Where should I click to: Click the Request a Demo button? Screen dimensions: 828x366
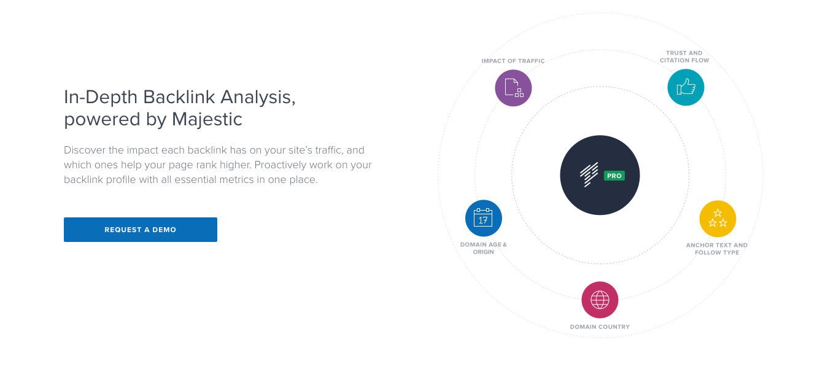coord(141,230)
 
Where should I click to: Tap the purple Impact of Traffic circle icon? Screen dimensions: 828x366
coord(513,88)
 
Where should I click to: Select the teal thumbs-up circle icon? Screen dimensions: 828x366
coord(686,87)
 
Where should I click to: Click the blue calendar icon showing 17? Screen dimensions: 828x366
coord(484,218)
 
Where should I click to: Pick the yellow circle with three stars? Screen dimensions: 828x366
coord(718,219)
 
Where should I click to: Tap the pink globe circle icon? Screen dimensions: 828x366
coord(600,300)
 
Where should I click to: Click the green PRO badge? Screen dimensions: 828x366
coord(614,176)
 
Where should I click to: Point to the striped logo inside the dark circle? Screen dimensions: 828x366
coord(589,174)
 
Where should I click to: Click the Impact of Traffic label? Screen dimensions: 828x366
coord(513,61)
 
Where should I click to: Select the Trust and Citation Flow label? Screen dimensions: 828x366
coord(684,56)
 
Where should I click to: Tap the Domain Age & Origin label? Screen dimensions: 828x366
coord(484,248)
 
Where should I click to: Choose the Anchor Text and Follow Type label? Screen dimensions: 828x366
coord(717,249)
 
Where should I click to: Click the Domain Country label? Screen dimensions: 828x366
coord(600,327)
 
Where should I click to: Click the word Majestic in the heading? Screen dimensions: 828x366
coord(207,119)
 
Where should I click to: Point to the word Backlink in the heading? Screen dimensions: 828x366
coord(179,97)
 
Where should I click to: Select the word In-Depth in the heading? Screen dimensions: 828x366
coord(101,98)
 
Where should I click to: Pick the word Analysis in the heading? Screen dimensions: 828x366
coord(258,98)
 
